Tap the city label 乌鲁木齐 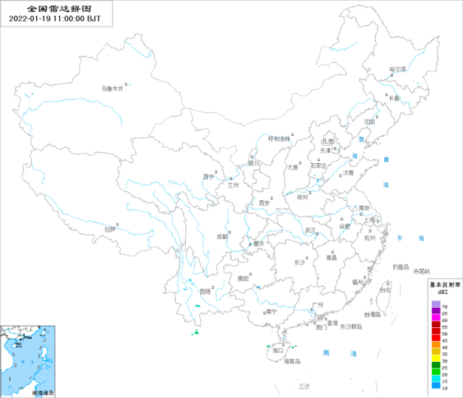(112, 89)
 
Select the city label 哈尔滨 (398, 69)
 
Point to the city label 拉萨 (109, 228)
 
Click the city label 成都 (222, 236)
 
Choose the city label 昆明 (206, 291)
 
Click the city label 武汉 (311, 230)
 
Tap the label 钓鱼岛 (401, 266)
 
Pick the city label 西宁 (209, 176)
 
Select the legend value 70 (445, 307)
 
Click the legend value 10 (445, 386)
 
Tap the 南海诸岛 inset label (43, 393)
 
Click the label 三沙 (303, 387)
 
